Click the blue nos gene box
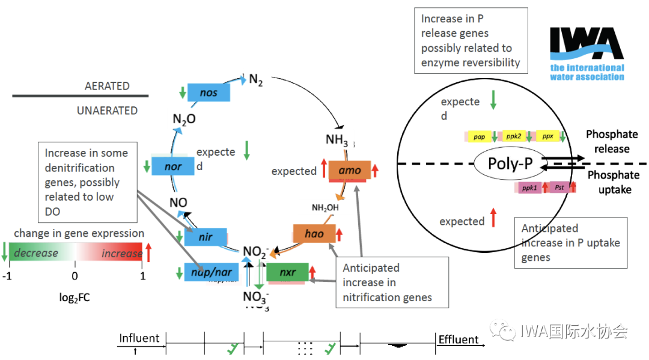tap(209, 93)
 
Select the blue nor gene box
tap(173, 166)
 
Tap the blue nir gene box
tap(206, 237)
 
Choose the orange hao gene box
tap(314, 234)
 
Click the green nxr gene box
tap(287, 272)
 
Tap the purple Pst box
tap(559, 188)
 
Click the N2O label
tap(184, 119)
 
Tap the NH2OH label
tap(324, 208)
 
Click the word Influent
tap(139, 338)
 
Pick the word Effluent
tap(459, 340)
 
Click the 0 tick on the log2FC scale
tap(75, 276)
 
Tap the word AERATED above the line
tap(107, 86)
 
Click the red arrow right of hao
tap(339, 234)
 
